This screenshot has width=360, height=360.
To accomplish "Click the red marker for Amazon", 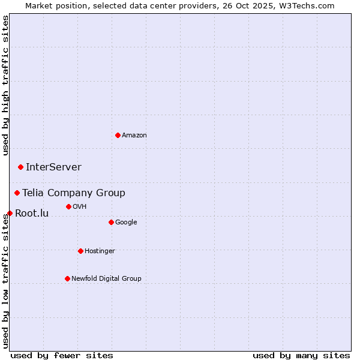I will (118, 135).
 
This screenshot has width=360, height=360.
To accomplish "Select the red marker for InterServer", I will (20, 167).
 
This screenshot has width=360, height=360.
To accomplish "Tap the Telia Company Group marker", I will (17, 193).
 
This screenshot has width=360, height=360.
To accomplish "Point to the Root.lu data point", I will (10, 213).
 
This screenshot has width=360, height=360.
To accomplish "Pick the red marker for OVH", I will (68, 206).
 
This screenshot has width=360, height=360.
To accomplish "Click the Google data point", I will (111, 222).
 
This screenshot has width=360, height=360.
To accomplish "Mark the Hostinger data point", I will (80, 251).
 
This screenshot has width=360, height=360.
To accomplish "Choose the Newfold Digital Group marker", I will (67, 278).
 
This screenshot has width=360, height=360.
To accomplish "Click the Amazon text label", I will (134, 136).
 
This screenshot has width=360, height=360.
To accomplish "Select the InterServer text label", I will (53, 167).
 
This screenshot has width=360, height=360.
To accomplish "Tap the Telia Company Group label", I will (74, 193).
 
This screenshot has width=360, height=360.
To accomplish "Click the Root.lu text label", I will (32, 214).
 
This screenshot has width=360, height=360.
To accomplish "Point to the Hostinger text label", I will (100, 251).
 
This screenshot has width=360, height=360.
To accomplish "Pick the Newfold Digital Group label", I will (106, 279).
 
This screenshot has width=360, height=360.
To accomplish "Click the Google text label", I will (126, 223).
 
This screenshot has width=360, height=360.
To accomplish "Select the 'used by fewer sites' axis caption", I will (62, 355).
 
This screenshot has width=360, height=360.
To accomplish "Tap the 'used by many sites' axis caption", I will (301, 355).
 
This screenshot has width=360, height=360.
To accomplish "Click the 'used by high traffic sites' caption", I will (5, 85).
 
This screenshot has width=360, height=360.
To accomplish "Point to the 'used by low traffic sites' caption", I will (5, 281).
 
